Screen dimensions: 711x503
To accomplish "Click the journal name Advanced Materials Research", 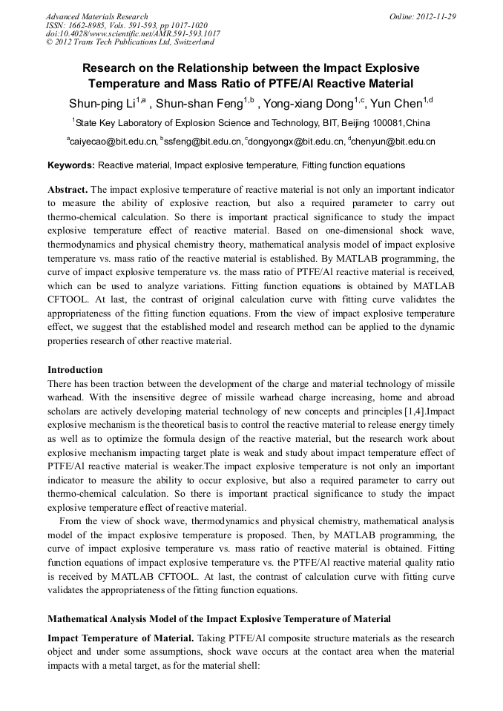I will click(x=96, y=16).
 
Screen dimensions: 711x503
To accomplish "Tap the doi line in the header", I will click(x=133, y=33).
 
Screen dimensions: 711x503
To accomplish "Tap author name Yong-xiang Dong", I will click(x=311, y=102).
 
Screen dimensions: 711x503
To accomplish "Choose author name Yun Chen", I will click(x=400, y=102).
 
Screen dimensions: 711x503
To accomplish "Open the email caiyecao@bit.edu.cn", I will click(x=114, y=141).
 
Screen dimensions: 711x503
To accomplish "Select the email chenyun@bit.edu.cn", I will click(x=394, y=141).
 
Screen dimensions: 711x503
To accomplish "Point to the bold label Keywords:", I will click(x=71, y=165).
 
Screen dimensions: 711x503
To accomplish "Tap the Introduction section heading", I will click(x=75, y=369).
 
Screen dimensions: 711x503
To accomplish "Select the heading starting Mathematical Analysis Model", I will click(x=219, y=618).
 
